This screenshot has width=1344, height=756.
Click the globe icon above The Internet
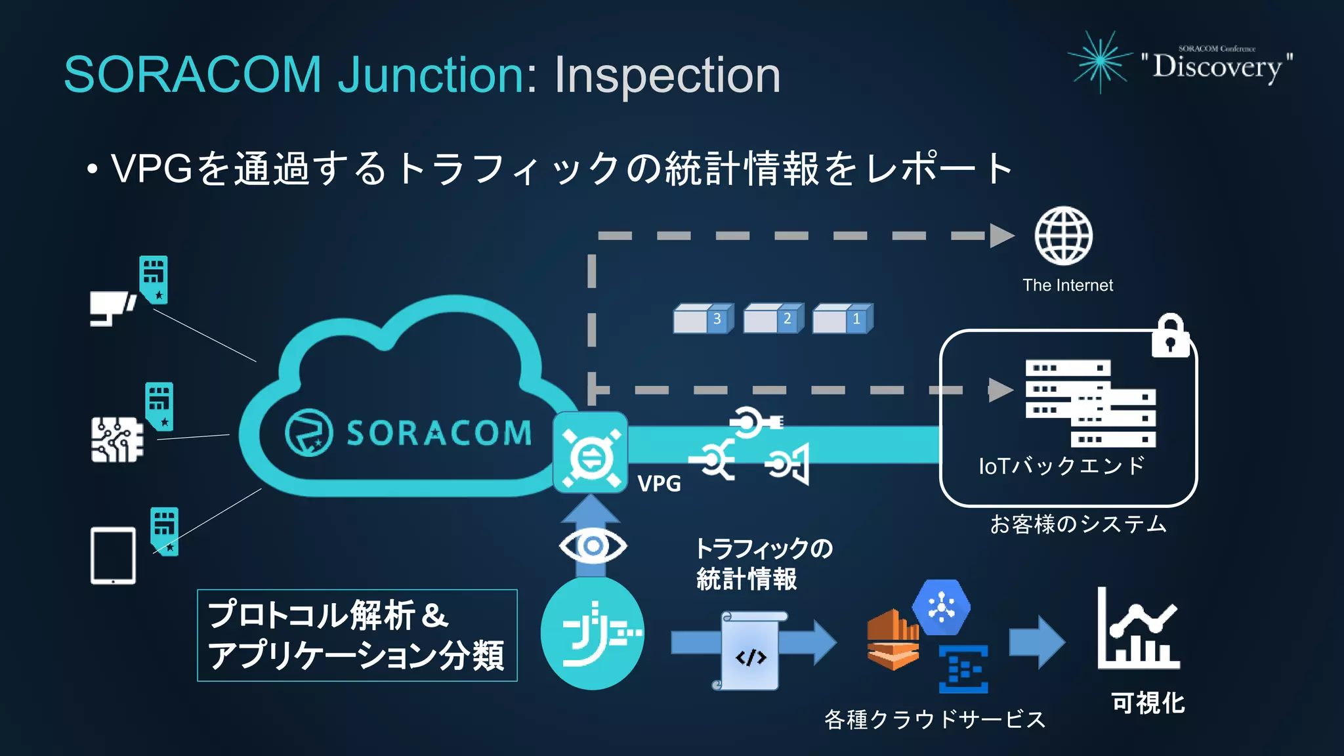coord(1063,236)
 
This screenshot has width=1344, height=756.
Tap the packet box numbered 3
coord(703,319)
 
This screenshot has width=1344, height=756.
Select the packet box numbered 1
coord(843,319)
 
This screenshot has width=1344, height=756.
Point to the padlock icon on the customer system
coord(1170,336)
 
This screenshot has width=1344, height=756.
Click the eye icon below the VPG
coord(593,545)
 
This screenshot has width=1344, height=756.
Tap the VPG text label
coord(659,484)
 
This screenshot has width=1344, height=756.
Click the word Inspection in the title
coord(667,75)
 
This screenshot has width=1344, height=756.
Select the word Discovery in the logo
coord(1217,67)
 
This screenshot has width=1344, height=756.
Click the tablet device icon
coord(113,555)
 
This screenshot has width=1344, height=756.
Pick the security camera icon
coord(112,308)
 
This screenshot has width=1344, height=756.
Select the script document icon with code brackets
coord(750,651)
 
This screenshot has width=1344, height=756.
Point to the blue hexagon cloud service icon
coord(941,607)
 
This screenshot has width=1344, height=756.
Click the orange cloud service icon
coord(892,640)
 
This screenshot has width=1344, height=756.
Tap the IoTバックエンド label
coord(1061,466)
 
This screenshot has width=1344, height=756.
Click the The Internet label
coord(1067,285)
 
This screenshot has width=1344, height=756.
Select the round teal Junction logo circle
coord(593,634)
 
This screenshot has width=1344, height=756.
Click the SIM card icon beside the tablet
coord(164,530)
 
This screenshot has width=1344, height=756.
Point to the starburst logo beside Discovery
coord(1101,61)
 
